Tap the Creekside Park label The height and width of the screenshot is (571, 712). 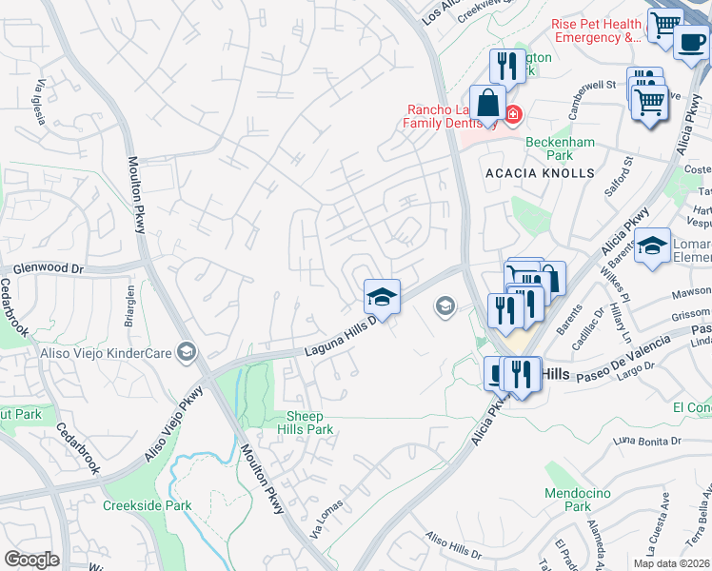click(148, 505)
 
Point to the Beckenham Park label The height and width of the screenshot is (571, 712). click(561, 148)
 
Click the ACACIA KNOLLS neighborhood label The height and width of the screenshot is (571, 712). click(540, 174)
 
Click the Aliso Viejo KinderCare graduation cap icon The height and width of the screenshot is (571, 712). click(187, 353)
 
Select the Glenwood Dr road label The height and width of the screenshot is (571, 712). click(43, 269)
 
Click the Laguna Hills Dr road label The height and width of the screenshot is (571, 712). click(342, 337)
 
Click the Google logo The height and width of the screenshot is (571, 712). click(31, 560)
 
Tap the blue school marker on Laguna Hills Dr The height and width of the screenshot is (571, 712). click(382, 297)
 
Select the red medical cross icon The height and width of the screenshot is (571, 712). click(513, 115)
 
